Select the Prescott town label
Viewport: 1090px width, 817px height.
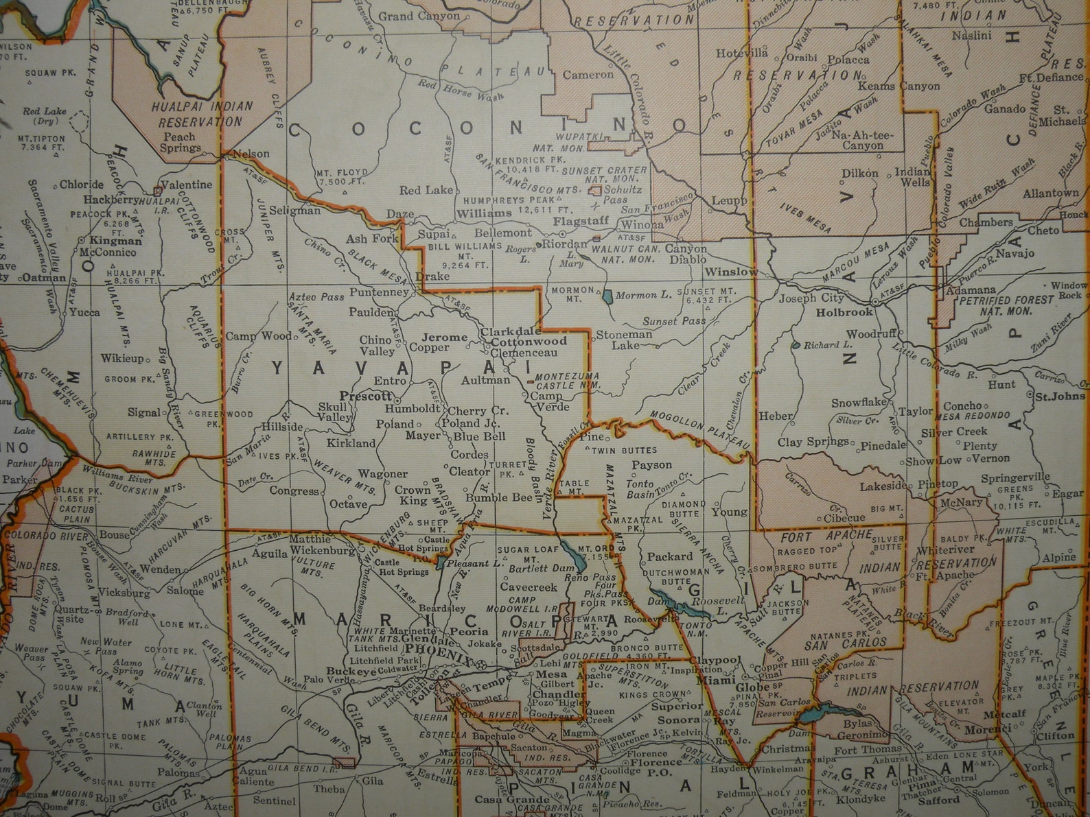pyautogui.click(x=364, y=396)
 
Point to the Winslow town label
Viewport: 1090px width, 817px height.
pyautogui.click(x=731, y=272)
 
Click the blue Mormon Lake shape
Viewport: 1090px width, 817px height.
pyautogui.click(x=607, y=296)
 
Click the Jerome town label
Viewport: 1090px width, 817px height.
pyautogui.click(x=444, y=338)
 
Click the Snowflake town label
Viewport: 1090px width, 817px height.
pyautogui.click(x=859, y=403)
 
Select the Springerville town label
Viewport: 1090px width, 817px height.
pyautogui.click(x=1015, y=477)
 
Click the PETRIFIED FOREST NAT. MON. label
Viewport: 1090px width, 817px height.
pyautogui.click(x=1005, y=305)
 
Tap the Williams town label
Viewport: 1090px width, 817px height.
pyautogui.click(x=484, y=213)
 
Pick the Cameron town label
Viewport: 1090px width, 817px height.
pyautogui.click(x=588, y=75)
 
